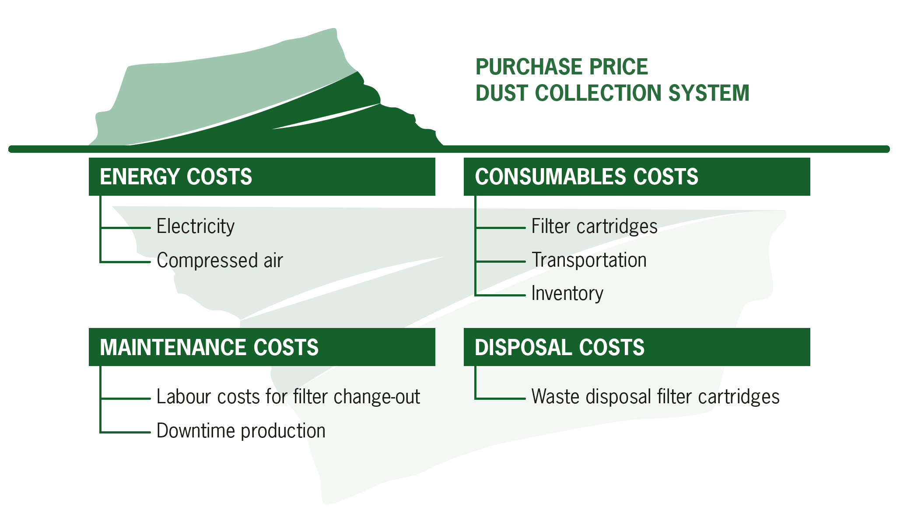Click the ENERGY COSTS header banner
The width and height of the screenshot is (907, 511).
pos(262,176)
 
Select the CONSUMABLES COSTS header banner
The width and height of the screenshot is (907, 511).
pos(637,176)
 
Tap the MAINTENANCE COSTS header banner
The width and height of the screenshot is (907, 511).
pos(262,347)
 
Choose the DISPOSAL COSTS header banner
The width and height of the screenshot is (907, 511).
pos(637,347)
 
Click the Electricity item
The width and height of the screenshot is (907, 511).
pos(196,227)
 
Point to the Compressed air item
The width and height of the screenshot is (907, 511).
pos(220,261)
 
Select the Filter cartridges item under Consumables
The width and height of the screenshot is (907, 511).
pos(594,227)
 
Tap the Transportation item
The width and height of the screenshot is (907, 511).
pos(589,260)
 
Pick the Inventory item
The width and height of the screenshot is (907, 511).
pos(567,294)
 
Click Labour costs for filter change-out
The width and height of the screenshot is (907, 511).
pos(288,397)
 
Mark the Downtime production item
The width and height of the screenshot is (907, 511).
pos(241,431)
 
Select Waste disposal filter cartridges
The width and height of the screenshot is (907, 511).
pos(655,397)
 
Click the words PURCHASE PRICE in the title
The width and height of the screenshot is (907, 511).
pos(562,67)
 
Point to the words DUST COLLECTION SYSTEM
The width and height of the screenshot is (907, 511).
pos(613,93)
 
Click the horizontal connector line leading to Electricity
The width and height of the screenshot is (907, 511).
pos(126,228)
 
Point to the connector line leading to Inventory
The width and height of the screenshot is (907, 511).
pos(501,295)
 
